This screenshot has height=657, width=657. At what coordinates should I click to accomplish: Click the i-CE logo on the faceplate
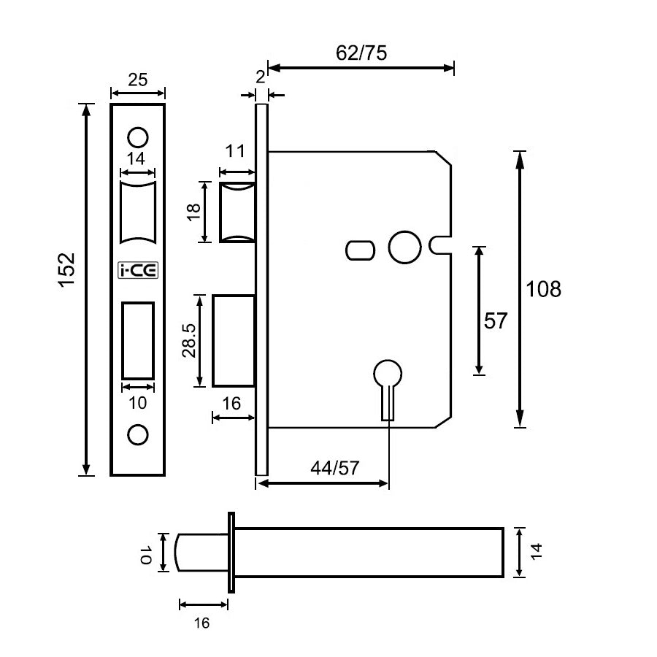137,271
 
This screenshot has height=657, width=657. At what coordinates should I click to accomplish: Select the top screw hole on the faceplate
137,137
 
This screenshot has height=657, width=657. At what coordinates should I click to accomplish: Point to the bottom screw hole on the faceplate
137,434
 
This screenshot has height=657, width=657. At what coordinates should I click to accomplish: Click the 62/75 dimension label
361,53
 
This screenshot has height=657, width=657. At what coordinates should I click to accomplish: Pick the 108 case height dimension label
544,289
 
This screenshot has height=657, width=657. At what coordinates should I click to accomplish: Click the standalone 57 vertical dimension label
496,320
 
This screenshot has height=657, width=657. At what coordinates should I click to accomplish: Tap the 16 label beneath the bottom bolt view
202,622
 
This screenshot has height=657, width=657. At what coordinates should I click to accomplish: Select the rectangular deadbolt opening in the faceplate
137,340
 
